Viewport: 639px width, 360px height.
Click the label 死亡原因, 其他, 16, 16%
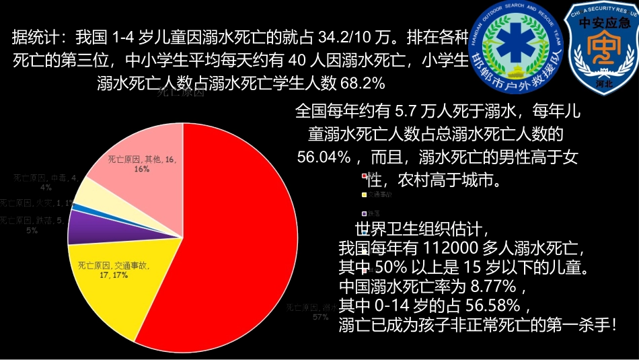[142, 163]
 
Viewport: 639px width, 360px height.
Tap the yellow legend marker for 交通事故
[364, 194]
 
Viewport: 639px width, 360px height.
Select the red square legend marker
[364, 176]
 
